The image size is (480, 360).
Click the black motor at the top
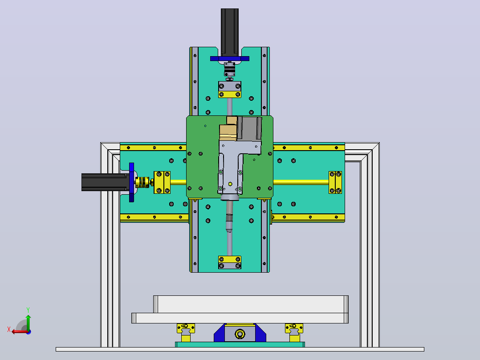(x=230, y=32)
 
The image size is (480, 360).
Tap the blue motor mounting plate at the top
(x=230, y=58)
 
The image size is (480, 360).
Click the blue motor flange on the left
(x=132, y=182)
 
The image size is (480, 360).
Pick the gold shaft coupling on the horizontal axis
(x=142, y=182)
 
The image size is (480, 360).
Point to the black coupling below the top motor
(x=230, y=70)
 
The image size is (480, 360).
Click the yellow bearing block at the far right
(x=335, y=182)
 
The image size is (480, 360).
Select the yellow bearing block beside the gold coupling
(x=162, y=182)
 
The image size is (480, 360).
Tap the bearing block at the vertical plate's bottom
(x=230, y=262)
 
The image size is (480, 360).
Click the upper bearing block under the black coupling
(x=230, y=90)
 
